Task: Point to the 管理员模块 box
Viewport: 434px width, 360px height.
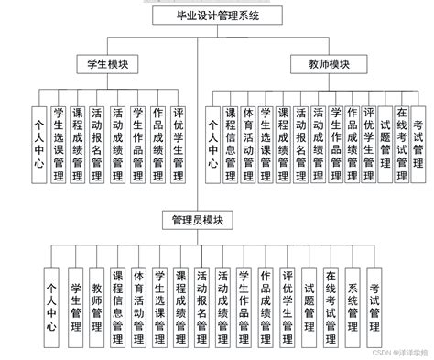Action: pos(197,221)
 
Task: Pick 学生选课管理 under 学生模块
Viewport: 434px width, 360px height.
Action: pos(58,138)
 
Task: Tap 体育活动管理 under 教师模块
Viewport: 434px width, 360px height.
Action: pos(248,138)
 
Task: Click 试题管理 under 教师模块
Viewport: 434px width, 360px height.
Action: pos(384,138)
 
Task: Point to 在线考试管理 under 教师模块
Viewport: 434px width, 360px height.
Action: pos(402,138)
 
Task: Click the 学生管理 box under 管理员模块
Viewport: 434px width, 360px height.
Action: pos(75,299)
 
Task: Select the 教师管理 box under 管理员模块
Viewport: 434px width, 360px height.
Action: pos(97,299)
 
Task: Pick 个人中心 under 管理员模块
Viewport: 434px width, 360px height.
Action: pos(53,299)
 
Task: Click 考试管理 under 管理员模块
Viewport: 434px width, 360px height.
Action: pos(374,299)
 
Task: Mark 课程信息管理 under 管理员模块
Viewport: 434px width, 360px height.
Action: pos(117,299)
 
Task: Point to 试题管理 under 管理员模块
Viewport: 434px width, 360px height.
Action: pos(309,299)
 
